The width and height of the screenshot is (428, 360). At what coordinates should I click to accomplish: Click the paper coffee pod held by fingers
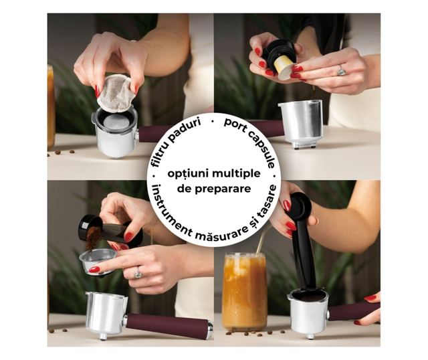click(x=115, y=94)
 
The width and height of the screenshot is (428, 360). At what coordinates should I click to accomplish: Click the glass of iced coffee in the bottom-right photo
click(x=244, y=292)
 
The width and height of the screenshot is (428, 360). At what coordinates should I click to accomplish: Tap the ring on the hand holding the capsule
click(x=342, y=70)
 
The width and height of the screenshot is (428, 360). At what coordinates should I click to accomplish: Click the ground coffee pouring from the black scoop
click(x=94, y=237)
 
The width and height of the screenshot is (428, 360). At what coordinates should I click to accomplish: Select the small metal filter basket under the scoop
click(x=98, y=262)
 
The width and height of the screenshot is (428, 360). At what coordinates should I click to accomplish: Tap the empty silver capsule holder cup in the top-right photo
click(x=302, y=124)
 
